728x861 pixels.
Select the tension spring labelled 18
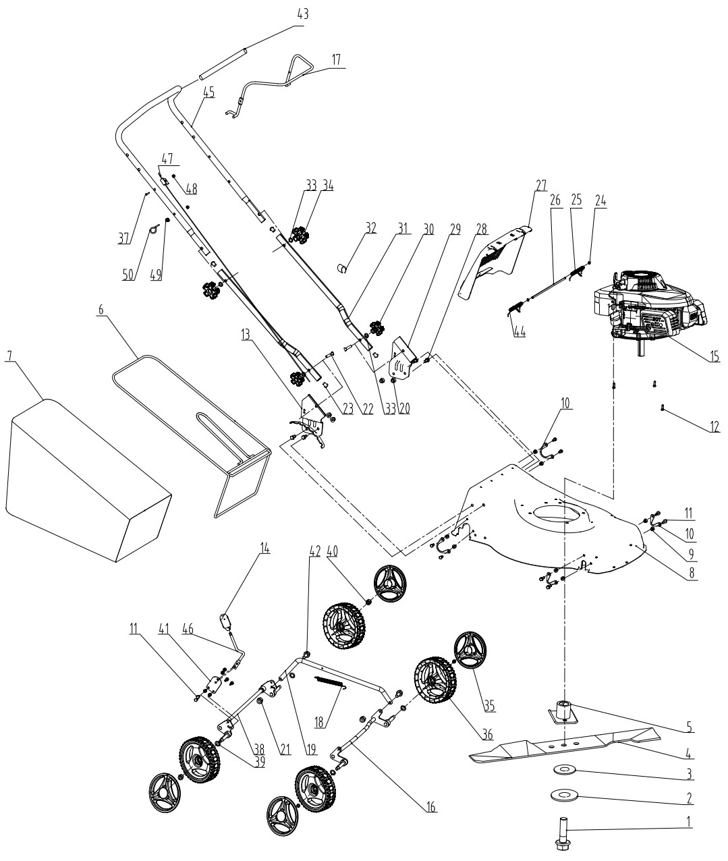[x=331, y=683]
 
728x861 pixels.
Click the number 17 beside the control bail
[x=335, y=59]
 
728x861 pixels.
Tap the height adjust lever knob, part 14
[x=225, y=617]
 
